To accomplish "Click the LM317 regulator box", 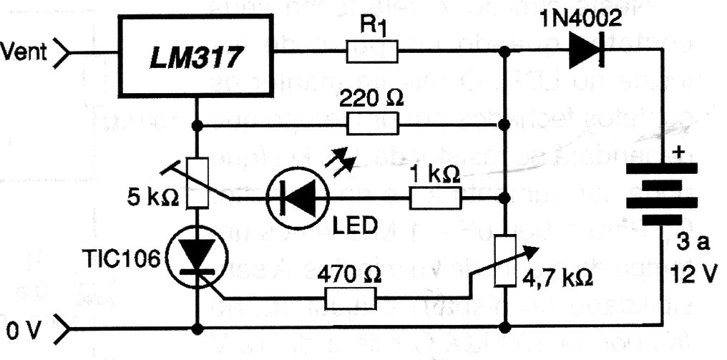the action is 195,56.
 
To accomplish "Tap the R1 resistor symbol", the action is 372,51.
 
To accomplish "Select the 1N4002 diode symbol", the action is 585,51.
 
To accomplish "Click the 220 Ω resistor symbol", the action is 372,125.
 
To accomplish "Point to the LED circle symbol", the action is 298,198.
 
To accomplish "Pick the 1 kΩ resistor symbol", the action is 435,198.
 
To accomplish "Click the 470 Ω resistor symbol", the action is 350,298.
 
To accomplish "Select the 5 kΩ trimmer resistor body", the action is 197,183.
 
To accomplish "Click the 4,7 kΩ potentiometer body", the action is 505,261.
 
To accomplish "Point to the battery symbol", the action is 662,194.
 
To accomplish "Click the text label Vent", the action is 24,51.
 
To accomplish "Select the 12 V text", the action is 693,276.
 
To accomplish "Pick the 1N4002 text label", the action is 580,19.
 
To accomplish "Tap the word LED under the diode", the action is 355,226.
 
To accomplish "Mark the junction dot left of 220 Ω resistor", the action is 197,125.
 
